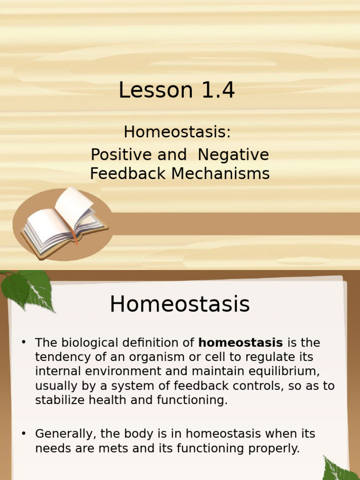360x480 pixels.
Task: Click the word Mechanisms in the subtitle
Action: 220,173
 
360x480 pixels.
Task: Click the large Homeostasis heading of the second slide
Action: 180,305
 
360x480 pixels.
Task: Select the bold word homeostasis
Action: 240,343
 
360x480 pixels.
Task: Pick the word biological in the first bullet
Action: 88,343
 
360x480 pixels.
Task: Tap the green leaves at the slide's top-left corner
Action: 28,288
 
